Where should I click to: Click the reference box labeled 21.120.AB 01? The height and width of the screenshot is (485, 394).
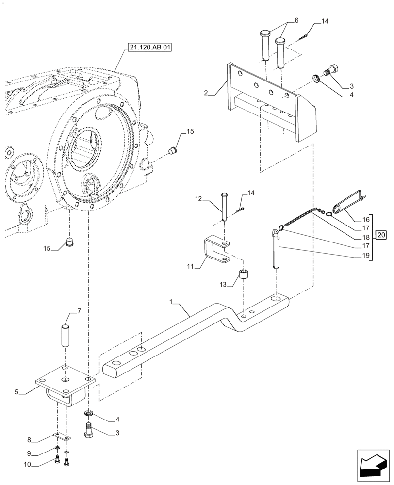151,48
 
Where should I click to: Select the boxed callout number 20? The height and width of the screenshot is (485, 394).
381,236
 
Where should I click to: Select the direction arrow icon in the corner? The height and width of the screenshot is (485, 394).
374,467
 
